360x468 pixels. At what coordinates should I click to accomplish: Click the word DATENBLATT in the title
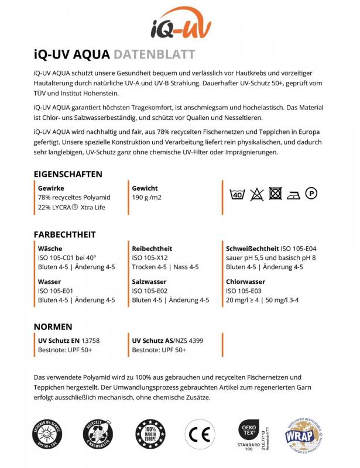coord(155,55)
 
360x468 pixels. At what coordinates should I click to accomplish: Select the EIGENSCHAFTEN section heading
coord(68,174)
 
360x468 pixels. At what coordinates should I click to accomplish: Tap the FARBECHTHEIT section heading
coord(64,235)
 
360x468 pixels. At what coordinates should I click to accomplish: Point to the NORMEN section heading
coord(53,326)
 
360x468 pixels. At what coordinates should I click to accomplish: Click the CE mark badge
coord(197,433)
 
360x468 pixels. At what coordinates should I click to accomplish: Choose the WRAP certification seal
coord(304,433)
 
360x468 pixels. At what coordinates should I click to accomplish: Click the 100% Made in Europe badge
coord(149,433)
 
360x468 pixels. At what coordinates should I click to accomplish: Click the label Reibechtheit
coord(152,249)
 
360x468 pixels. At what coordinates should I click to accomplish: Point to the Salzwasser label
coord(149,281)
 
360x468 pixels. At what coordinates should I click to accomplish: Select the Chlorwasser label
coord(246,281)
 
